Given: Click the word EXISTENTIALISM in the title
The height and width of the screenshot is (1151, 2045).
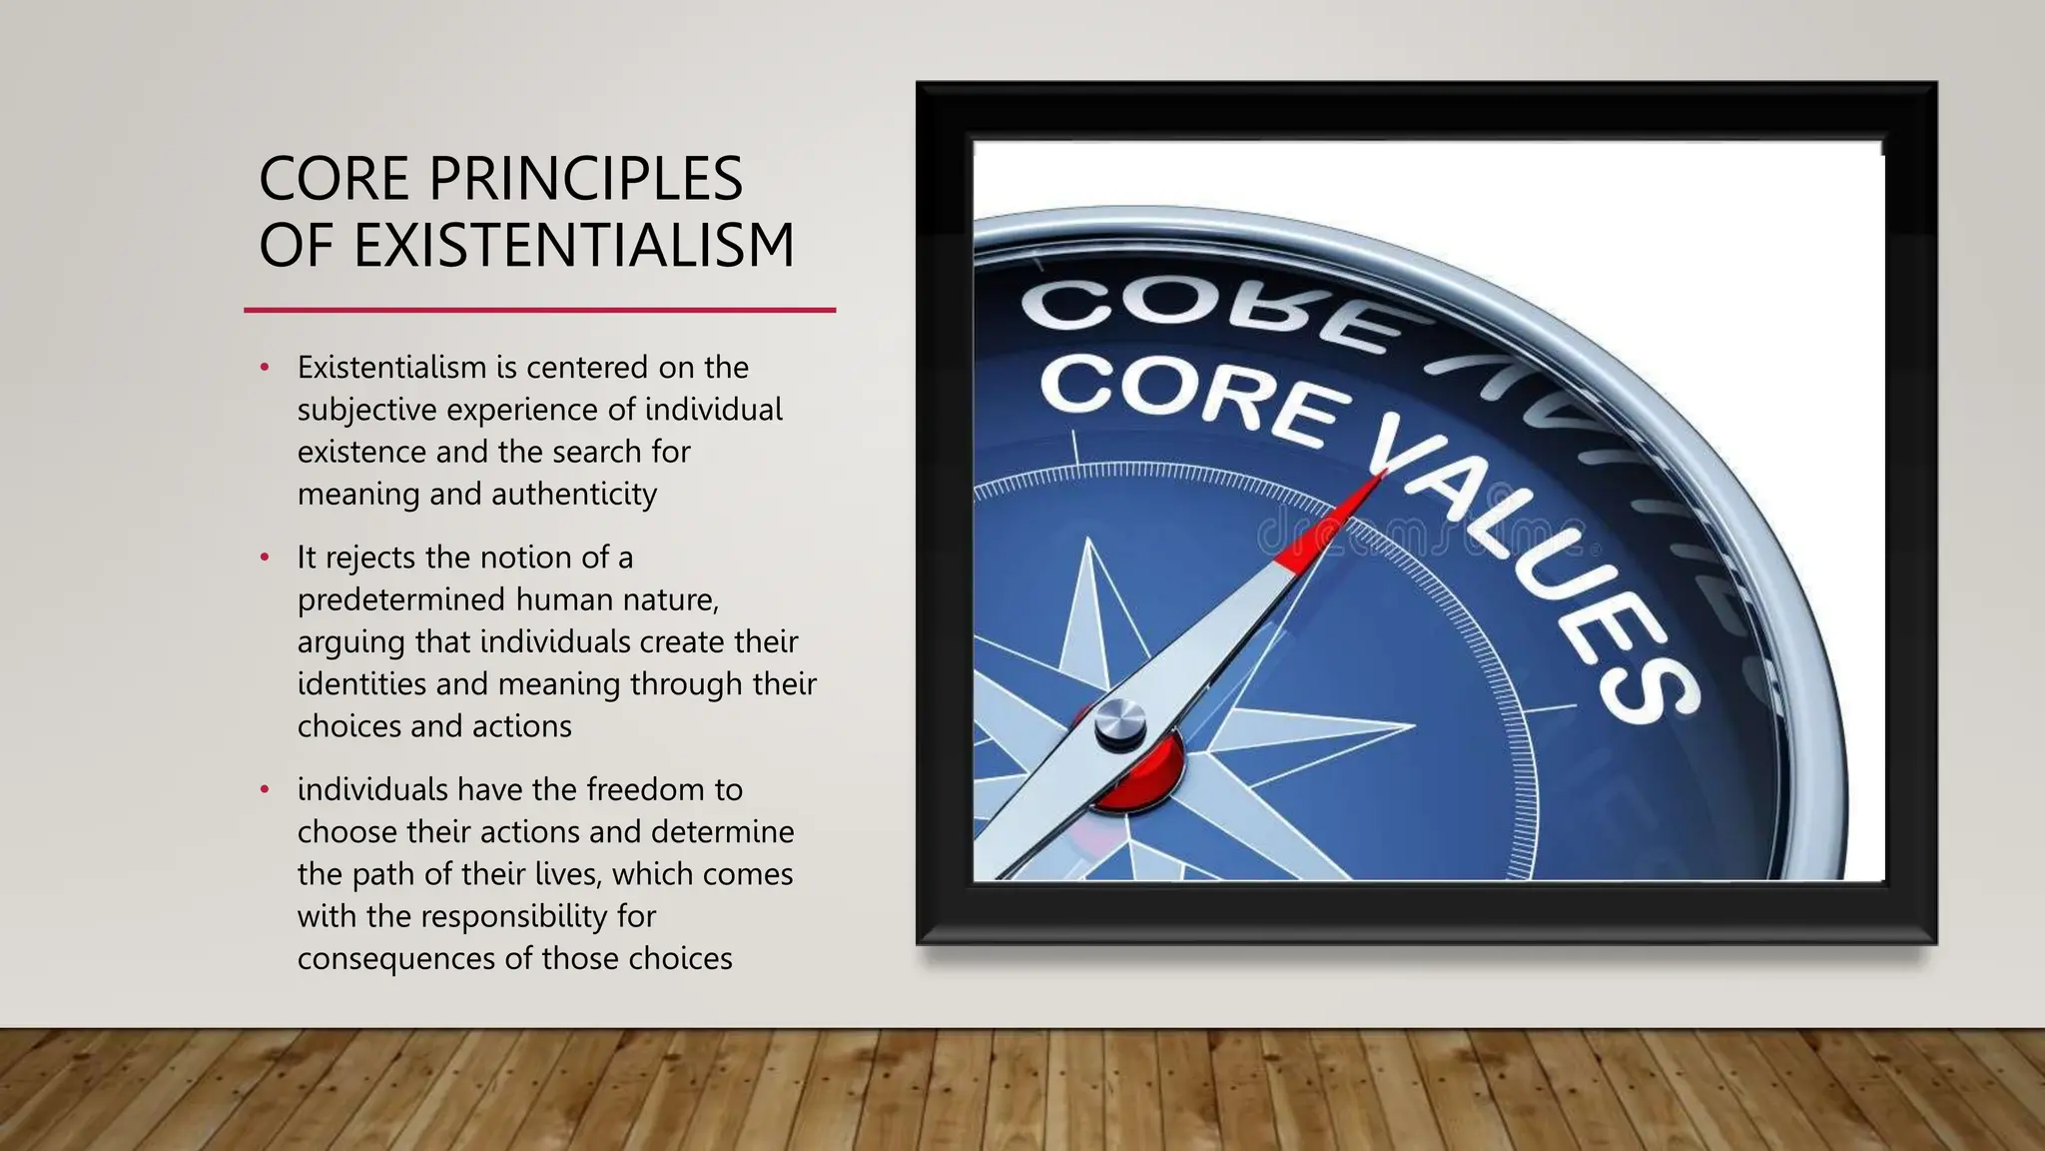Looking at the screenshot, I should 574,245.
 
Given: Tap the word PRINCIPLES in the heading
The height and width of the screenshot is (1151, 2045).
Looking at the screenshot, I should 585,179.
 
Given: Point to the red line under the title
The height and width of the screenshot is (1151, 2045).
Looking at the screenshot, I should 539,311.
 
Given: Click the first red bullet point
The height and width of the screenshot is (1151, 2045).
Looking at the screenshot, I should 265,368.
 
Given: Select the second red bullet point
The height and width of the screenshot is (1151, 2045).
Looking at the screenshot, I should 265,558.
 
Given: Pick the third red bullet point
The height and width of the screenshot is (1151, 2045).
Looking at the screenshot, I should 265,790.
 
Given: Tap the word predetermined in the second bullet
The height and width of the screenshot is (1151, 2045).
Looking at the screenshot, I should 401,600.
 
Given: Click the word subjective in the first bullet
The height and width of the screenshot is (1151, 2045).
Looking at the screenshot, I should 367,411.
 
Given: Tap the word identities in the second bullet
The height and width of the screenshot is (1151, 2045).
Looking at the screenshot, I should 361,684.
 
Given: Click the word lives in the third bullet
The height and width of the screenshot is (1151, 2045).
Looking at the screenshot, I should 573,874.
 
